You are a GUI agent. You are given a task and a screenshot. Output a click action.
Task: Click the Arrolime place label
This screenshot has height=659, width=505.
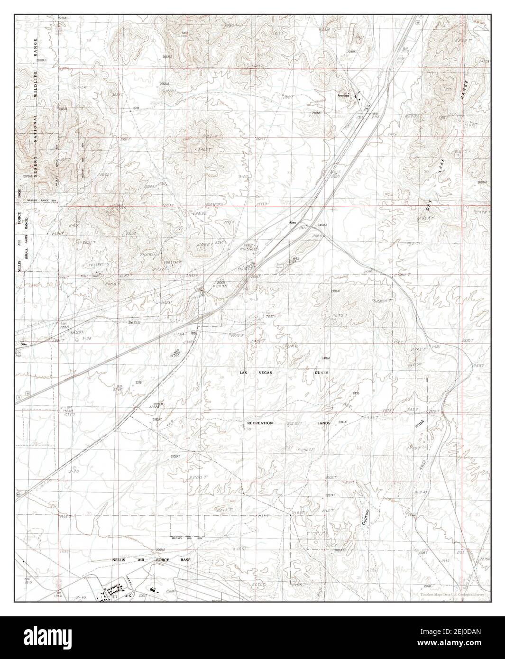343,95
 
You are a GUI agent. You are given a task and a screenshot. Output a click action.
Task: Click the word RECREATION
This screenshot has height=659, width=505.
260,422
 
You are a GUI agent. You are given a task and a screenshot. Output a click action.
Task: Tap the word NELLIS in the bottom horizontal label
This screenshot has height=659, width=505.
119,560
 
